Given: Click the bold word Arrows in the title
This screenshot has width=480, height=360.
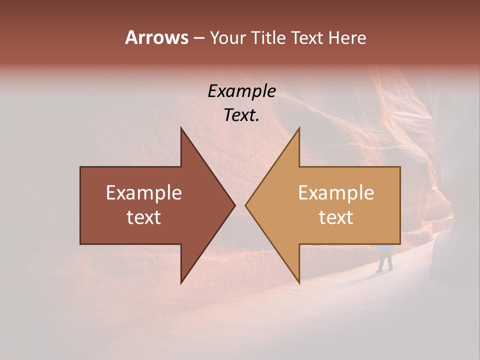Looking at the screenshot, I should pyautogui.click(x=156, y=37).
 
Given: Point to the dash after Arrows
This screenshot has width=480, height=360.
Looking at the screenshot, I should pyautogui.click(x=198, y=38).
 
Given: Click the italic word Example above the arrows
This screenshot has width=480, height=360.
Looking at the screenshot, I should pyautogui.click(x=241, y=91).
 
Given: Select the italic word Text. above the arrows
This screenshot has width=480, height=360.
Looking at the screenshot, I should pyautogui.click(x=241, y=115).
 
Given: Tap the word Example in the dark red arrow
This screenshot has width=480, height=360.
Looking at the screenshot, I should pyautogui.click(x=144, y=193).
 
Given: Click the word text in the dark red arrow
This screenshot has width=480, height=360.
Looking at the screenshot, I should pyautogui.click(x=144, y=217).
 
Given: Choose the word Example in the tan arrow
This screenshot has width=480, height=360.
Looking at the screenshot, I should pyautogui.click(x=336, y=193).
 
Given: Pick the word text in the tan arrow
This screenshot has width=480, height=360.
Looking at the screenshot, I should pyautogui.click(x=336, y=217).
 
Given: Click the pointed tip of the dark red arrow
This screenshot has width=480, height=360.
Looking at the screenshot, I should pyautogui.click(x=234, y=205).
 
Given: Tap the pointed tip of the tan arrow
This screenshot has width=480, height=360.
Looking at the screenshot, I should pyautogui.click(x=246, y=205).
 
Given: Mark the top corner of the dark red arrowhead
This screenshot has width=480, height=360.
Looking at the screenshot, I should pyautogui.click(x=181, y=128).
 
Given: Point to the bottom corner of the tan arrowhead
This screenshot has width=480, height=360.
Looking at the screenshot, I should pyautogui.click(x=299, y=282).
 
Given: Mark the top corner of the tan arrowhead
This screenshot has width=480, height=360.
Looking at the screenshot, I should pyautogui.click(x=299, y=128).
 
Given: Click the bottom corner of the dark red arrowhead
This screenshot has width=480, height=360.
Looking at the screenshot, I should pyautogui.click(x=181, y=282).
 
